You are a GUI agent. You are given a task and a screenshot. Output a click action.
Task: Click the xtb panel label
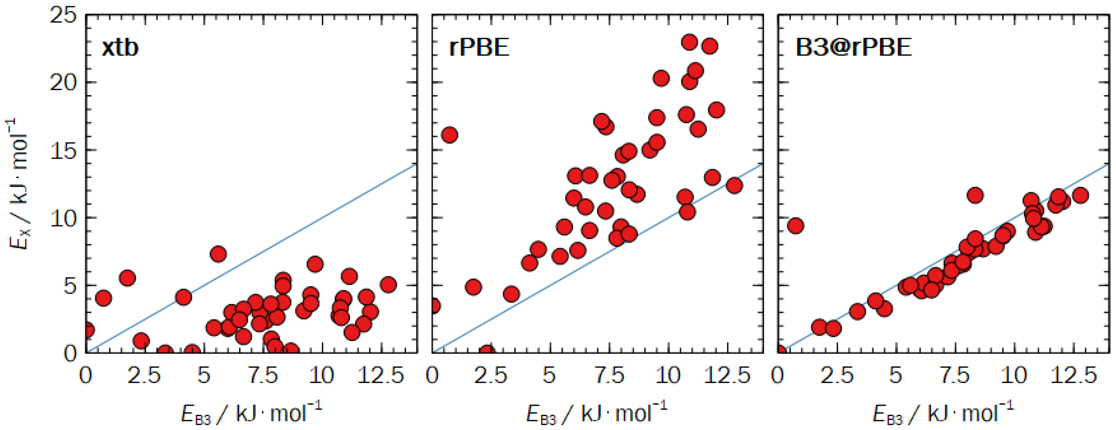coord(120,47)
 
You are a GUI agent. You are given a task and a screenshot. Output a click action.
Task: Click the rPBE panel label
coord(479,47)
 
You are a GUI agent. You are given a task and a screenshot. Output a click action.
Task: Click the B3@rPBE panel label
coord(854,47)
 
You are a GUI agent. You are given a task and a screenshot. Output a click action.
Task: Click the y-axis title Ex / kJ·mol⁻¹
coord(19,184)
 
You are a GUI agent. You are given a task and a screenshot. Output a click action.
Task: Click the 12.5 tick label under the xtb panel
coord(380,375)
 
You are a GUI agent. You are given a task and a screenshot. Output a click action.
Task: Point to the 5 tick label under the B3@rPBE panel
coord(896,375)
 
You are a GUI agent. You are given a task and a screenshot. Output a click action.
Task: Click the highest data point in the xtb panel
coord(218,254)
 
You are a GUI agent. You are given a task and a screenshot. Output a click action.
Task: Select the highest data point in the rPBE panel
coord(689,42)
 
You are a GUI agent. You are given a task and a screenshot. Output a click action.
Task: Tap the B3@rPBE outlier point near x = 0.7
coord(795,225)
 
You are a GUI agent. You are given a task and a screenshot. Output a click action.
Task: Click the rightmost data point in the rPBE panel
coord(734,186)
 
